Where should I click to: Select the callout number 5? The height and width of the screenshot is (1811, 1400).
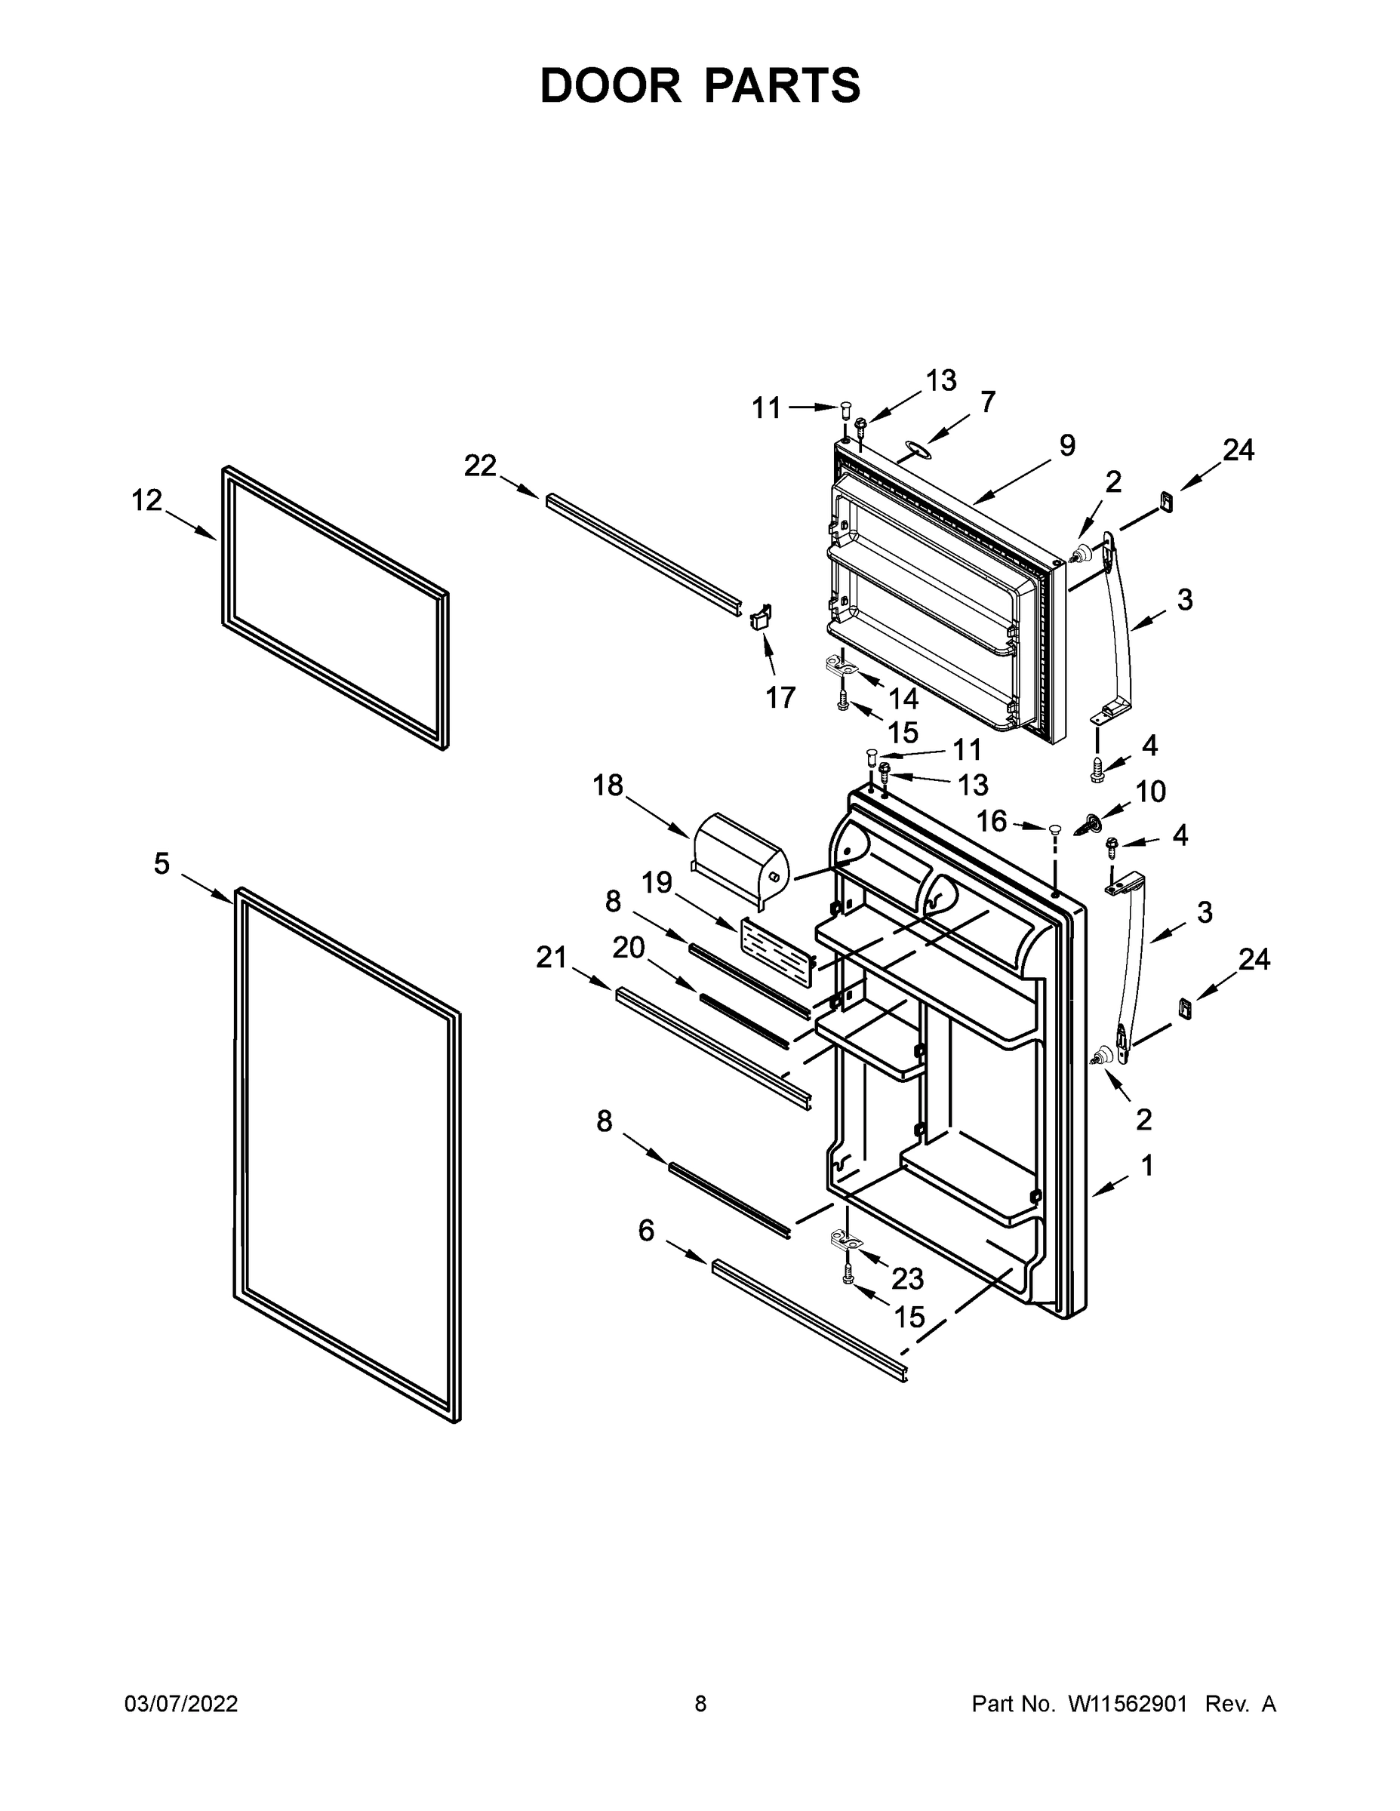(162, 864)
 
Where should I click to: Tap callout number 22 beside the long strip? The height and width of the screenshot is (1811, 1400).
(479, 466)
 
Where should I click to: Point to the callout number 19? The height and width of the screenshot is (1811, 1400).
(656, 882)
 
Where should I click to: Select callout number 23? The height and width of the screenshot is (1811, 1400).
(907, 1279)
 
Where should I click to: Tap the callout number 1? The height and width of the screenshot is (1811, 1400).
(1147, 1166)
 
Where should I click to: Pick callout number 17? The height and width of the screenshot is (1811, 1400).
(780, 698)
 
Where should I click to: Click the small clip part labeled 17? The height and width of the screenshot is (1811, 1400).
(762, 617)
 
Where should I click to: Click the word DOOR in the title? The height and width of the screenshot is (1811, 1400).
(611, 86)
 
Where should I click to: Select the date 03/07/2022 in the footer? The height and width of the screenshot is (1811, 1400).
(181, 1704)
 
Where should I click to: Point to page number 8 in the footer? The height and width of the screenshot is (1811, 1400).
(700, 1704)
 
